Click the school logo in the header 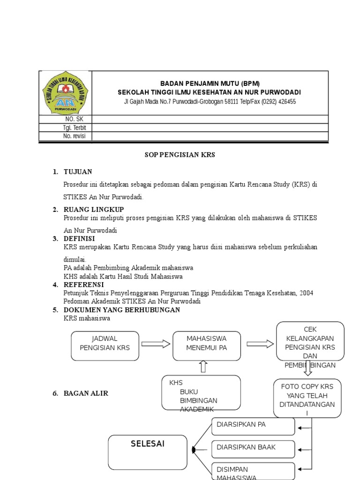coord(65,93)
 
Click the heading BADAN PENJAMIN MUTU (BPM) coord(210,83)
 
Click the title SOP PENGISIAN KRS coord(179,155)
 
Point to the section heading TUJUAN coord(78,172)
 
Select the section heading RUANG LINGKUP coord(94,210)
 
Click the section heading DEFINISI coord(79,239)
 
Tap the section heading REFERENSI coord(83,285)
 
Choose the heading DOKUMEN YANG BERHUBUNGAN coord(122,310)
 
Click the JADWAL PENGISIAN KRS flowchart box coord(105,345)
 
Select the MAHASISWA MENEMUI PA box coord(207,345)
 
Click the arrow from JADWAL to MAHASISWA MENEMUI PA coord(156,345)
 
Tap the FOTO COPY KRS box coord(307,398)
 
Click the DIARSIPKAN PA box coord(254,426)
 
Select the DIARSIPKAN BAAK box coord(254,449)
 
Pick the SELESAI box coord(148,451)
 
